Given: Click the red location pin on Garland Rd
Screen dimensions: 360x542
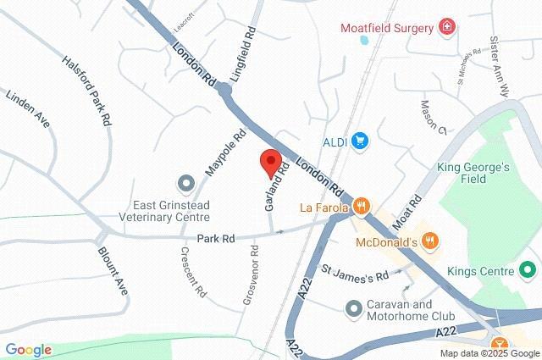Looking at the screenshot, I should click(270, 161).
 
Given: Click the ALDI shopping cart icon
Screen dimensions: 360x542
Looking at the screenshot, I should click(361, 140).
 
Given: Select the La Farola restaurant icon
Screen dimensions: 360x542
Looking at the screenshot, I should click(362, 206).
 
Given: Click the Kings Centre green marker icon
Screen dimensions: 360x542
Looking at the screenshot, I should click(527, 271).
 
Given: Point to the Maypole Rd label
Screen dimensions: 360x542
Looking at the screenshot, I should click(225, 152).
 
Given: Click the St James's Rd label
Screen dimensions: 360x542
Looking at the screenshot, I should click(355, 275).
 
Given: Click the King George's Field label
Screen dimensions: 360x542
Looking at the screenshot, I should click(473, 174).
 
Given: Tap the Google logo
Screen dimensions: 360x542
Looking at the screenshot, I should click(28, 349).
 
